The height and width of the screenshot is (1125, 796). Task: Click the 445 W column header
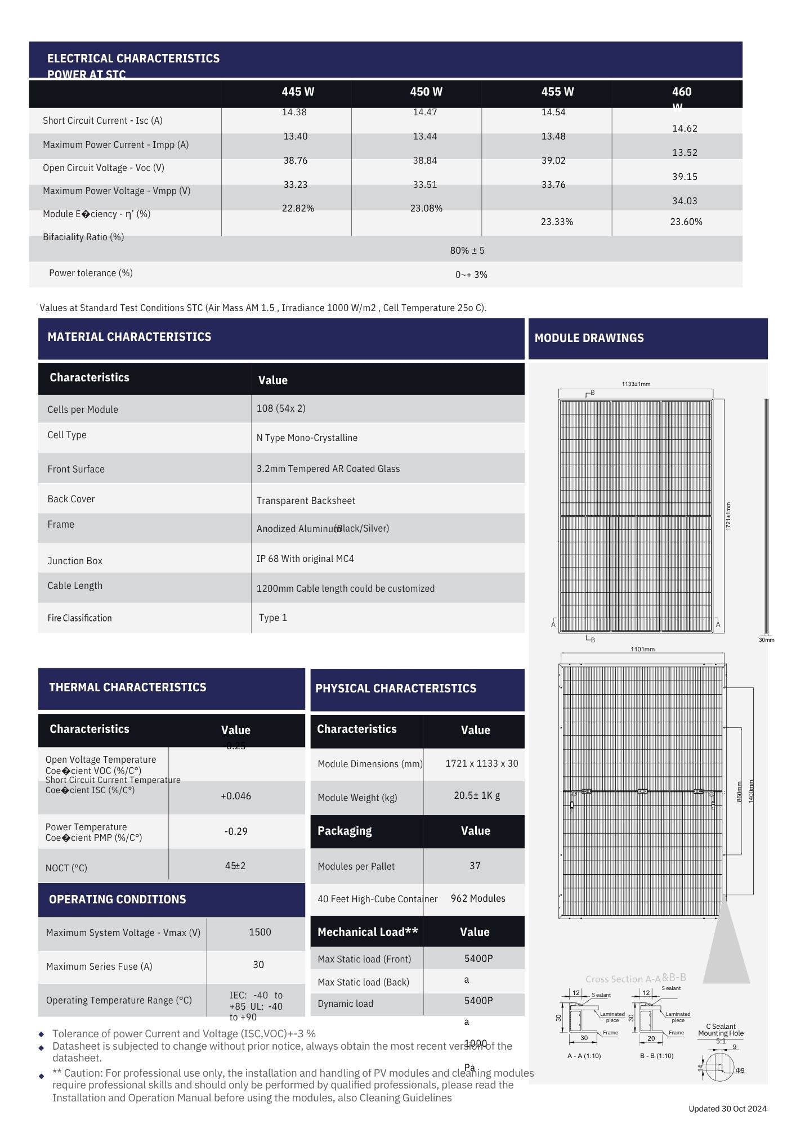[298, 92]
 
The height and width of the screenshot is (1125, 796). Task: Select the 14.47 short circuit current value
[425, 112]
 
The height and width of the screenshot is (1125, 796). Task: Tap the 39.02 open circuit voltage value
[553, 160]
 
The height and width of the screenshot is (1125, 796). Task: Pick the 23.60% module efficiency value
[686, 222]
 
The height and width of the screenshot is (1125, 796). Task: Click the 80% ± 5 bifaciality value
[467, 250]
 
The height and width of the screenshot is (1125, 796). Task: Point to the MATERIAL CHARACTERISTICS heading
[129, 337]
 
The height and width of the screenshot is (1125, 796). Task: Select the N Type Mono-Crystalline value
[307, 438]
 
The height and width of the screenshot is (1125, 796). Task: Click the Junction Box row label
[75, 561]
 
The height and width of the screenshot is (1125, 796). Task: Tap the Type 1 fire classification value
[273, 618]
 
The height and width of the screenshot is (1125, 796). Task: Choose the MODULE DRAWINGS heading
[589, 338]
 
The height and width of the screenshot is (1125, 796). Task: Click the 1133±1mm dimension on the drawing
[636, 384]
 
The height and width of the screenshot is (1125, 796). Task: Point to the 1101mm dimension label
[642, 649]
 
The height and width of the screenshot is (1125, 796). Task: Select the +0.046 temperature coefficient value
[236, 796]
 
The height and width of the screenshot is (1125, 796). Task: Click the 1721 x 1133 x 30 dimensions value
[482, 763]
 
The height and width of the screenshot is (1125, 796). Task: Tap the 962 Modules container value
[478, 898]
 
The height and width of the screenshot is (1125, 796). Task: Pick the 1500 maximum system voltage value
[260, 932]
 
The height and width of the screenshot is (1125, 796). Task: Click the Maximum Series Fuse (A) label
[99, 966]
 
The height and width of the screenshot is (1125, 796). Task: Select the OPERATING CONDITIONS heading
[117, 899]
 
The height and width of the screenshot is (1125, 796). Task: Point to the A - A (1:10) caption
[584, 1056]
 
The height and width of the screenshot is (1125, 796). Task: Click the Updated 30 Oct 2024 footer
[727, 1109]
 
